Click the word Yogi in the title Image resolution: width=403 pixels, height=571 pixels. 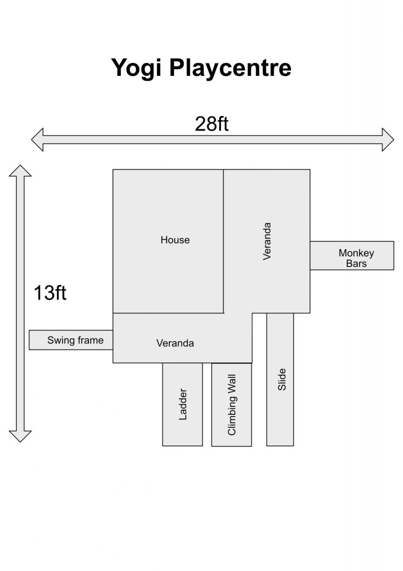(x=136, y=68)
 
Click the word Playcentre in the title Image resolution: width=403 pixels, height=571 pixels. (x=230, y=68)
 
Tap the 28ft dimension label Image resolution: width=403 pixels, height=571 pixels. (x=212, y=124)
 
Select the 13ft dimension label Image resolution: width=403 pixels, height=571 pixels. (x=50, y=293)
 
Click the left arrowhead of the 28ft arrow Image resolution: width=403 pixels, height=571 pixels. (x=37, y=139)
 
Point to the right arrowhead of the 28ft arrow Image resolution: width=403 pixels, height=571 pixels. (x=388, y=139)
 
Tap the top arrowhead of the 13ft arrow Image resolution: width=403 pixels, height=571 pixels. (x=21, y=171)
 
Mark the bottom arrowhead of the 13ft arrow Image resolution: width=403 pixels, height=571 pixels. (x=21, y=436)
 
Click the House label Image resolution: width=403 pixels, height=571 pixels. (x=175, y=240)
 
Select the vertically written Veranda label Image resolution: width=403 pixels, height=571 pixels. (x=267, y=241)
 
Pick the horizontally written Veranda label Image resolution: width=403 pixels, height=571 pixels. (x=175, y=343)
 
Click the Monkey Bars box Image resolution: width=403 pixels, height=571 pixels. (x=352, y=255)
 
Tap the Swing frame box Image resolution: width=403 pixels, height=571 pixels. (x=71, y=340)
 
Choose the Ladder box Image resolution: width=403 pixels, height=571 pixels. (x=183, y=404)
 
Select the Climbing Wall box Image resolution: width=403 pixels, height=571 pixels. (x=232, y=405)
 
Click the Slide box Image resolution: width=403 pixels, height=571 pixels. (x=280, y=379)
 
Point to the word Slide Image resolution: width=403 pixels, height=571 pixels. (x=282, y=379)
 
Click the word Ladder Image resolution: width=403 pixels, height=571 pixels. (x=183, y=404)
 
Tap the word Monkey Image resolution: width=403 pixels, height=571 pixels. (x=356, y=254)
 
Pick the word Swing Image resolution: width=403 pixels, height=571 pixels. (x=60, y=341)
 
